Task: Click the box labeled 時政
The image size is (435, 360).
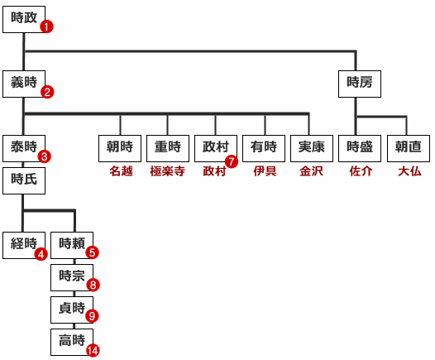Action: coord(24,19)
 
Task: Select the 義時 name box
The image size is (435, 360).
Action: coord(24,84)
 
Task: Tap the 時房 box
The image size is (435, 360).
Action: coord(360,84)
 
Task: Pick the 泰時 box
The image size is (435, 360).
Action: coord(24,148)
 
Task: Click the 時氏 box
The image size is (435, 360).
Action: coord(24,180)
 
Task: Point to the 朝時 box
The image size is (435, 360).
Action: coord(120,148)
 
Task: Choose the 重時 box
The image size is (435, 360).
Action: coord(168,148)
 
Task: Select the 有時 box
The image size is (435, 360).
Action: coord(264,148)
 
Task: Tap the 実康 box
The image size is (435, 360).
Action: coord(312,148)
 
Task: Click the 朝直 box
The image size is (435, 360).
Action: coord(409,148)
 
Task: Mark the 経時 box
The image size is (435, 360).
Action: coord(24,245)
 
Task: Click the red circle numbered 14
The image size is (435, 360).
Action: coord(93,350)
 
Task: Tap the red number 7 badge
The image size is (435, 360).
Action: coord(232,161)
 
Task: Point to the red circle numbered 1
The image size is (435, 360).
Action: coord(46,26)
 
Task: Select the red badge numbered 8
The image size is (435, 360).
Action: coord(93,285)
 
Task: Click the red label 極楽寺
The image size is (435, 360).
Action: coord(168,171)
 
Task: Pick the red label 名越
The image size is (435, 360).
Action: coord(121,171)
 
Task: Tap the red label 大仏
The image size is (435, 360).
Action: coord(409,171)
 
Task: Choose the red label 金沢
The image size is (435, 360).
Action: coord(311,171)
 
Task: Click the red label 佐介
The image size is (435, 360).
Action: coord(361,171)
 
